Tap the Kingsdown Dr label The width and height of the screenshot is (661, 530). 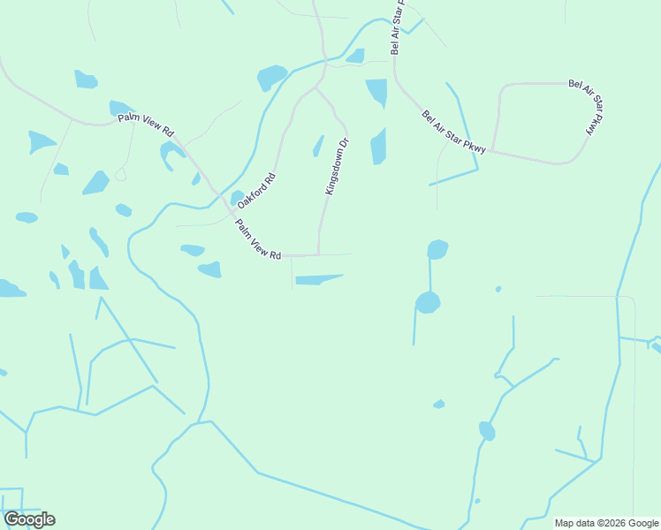coord(338,166)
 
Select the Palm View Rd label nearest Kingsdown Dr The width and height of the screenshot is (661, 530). coord(258,239)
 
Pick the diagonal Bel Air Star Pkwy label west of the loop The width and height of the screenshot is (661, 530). coord(454,133)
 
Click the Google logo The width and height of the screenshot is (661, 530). coord(29,519)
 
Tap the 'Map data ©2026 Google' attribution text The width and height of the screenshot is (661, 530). coord(606,523)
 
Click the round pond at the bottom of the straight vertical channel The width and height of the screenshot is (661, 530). coord(428,303)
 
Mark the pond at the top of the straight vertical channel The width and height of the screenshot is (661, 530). coord(437,250)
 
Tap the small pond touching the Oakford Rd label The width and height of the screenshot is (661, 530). coord(237,198)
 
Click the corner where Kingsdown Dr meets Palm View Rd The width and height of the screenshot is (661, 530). coord(318,255)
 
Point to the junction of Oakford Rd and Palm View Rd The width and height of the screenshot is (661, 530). coord(232,213)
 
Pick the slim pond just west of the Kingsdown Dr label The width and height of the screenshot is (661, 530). coord(318,146)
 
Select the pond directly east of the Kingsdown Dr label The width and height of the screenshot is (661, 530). coord(379,147)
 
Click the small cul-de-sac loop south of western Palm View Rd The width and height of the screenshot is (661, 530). coord(120,175)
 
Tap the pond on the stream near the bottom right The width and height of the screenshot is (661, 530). coord(487,431)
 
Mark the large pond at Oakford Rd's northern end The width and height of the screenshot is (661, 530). coord(271,78)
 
